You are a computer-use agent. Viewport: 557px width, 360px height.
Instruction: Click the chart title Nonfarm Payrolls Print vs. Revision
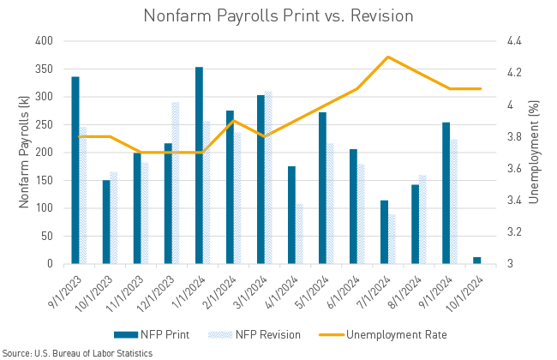pyautogui.click(x=278, y=15)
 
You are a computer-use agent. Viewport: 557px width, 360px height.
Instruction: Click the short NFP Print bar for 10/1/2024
pyautogui.click(x=477, y=260)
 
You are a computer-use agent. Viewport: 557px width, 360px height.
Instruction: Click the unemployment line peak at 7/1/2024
pyautogui.click(x=388, y=57)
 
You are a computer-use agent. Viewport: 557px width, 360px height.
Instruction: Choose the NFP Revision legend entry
pyautogui.click(x=261, y=334)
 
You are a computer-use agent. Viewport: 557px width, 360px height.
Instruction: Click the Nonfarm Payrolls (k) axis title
pyautogui.click(x=23, y=153)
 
